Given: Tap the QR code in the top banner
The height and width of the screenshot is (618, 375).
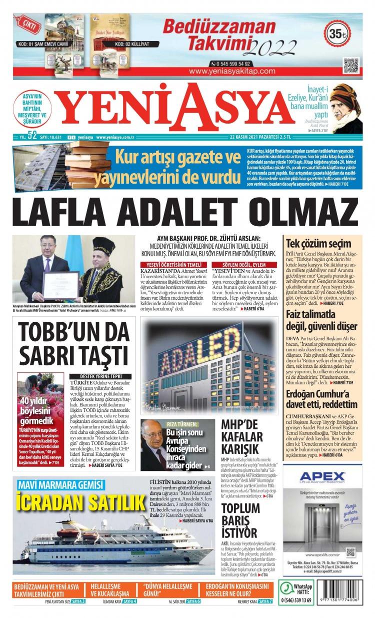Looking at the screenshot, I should coord(350,66).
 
